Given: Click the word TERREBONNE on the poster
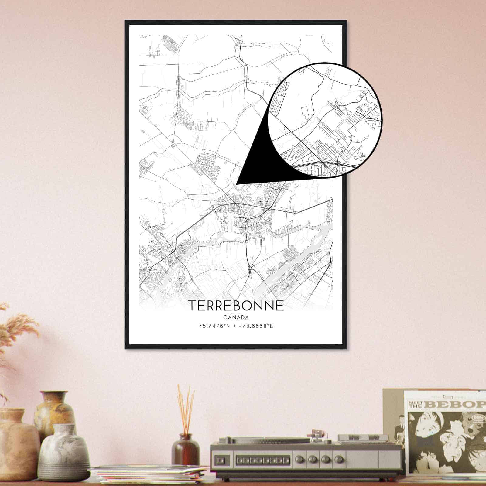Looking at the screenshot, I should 236,306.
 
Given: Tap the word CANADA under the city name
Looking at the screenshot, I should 236,318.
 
